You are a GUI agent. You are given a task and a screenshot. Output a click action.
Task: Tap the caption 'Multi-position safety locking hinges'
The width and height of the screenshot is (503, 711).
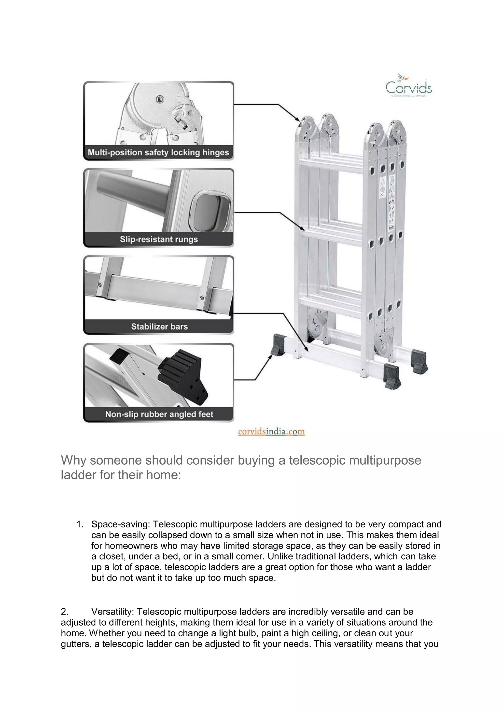(x=158, y=152)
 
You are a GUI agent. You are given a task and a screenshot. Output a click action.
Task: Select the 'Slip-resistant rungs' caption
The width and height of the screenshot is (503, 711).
(x=159, y=239)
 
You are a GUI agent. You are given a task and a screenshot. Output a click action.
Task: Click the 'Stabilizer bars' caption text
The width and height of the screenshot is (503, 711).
(x=159, y=326)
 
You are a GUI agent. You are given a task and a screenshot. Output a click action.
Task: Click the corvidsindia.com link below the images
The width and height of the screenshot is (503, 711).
(x=271, y=431)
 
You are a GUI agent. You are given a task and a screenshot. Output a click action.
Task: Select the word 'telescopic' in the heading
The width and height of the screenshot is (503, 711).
(x=317, y=460)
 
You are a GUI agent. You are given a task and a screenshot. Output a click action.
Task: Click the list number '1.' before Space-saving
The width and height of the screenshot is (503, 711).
(x=80, y=524)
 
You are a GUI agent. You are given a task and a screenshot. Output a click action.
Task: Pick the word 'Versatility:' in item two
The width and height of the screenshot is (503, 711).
(x=112, y=612)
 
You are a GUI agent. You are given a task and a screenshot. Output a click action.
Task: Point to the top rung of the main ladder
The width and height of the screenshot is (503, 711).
(x=332, y=164)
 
